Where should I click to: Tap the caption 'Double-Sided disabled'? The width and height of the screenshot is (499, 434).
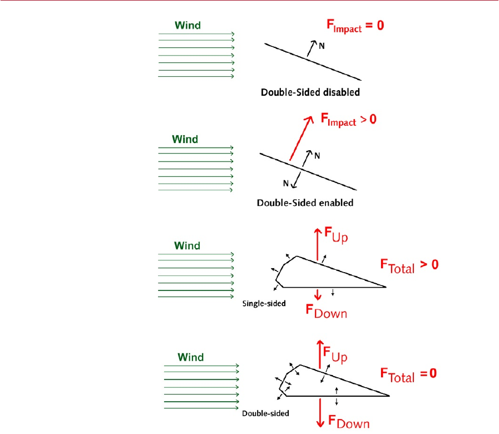tap(310, 92)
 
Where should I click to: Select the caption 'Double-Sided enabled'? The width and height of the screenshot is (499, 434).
tap(305, 203)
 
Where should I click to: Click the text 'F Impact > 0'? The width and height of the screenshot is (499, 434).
tap(349, 120)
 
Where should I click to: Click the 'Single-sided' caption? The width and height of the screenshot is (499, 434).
tap(264, 303)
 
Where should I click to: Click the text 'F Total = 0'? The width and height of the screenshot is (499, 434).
tap(408, 374)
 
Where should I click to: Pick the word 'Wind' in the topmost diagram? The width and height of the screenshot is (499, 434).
tap(188, 25)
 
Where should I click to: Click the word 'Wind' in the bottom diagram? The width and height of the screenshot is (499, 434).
tap(191, 357)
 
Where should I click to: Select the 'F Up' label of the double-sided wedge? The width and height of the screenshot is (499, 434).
tap(335, 353)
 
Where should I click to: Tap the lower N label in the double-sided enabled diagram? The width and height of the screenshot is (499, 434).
tap(285, 183)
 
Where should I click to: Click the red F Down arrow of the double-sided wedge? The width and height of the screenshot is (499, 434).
tap(320, 412)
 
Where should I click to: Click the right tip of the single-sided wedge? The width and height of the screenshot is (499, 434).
tap(385, 287)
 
